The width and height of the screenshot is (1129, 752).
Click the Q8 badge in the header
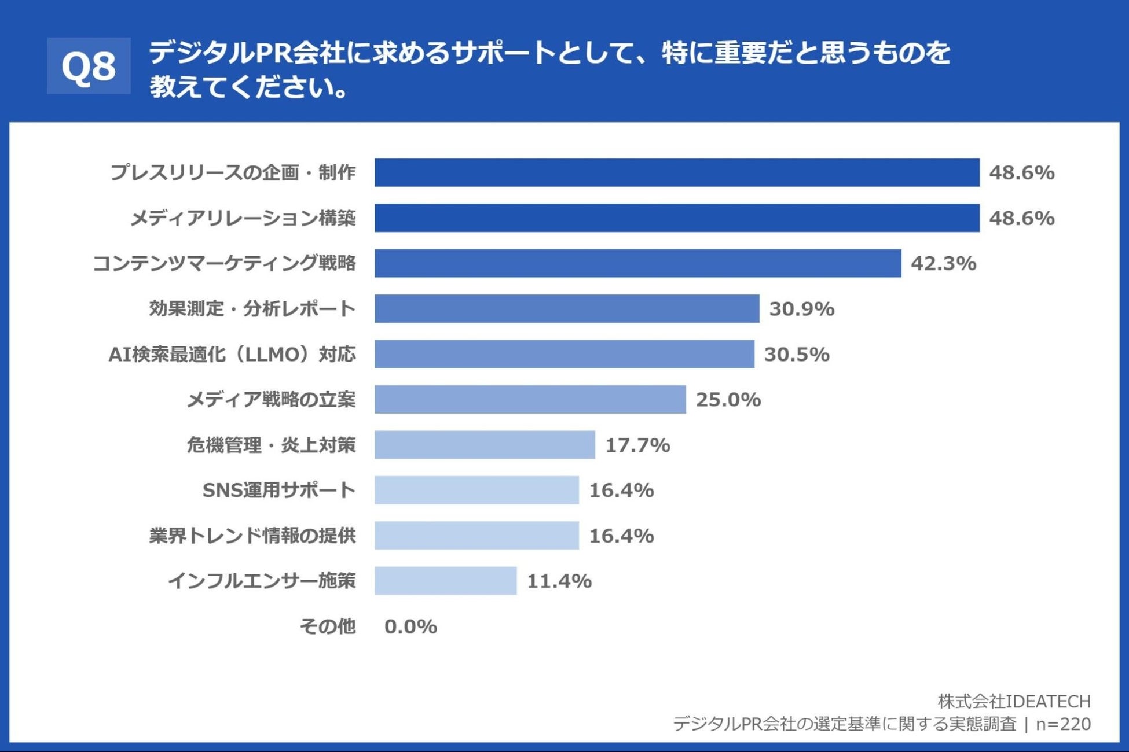tap(89, 66)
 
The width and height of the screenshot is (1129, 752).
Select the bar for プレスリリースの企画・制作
tap(676, 172)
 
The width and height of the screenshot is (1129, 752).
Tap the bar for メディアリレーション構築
tap(676, 218)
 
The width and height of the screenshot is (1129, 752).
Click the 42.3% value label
tap(943, 263)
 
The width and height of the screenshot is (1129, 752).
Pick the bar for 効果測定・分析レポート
tap(566, 308)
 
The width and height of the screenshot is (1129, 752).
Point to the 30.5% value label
tap(797, 354)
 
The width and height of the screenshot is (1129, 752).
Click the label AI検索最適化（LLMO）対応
tap(232, 354)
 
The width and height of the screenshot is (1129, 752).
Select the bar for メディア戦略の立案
tap(530, 399)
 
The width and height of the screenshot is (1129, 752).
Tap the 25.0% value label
tap(728, 399)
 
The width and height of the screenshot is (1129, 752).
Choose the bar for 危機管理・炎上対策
tap(485, 445)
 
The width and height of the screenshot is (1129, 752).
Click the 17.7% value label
tap(637, 445)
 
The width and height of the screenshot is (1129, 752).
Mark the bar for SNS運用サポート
tap(476, 490)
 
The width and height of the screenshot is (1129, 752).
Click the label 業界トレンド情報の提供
tap(252, 536)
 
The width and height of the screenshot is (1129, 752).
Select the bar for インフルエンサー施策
tap(445, 581)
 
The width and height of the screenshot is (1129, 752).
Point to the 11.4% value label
tap(559, 581)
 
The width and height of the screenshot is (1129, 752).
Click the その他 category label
tap(327, 626)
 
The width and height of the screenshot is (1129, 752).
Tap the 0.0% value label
tap(410, 626)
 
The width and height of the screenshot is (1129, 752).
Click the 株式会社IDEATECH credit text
tap(1014, 701)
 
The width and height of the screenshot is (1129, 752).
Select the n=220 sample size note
tap(1063, 724)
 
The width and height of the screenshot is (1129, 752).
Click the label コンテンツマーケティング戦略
tap(224, 263)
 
